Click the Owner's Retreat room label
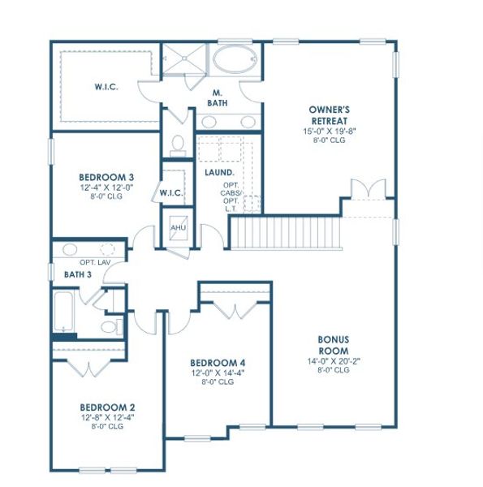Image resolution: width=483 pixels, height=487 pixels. [328, 115]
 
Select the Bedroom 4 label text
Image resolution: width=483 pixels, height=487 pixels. [218, 363]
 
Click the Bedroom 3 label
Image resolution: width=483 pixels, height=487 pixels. [106, 178]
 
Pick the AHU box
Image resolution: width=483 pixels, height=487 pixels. [178, 227]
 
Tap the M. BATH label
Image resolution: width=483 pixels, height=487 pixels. [218, 98]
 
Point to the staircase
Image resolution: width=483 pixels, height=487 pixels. [284, 232]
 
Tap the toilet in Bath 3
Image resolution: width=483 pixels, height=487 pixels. [108, 326]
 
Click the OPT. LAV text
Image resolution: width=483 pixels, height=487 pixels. [95, 262]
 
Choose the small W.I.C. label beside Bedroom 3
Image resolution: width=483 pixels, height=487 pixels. [171, 192]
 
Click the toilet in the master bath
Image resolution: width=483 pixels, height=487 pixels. [178, 144]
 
